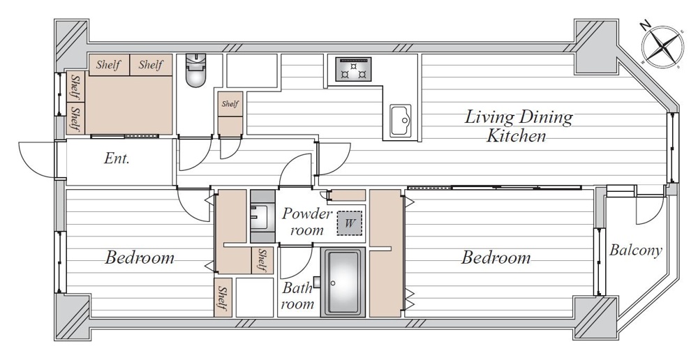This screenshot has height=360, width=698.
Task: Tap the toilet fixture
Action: coord(195,72)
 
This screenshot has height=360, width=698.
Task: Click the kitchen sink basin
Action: coord(401,120)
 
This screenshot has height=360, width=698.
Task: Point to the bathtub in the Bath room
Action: coord(342,283)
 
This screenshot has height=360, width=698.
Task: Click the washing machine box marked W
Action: coord(350,223)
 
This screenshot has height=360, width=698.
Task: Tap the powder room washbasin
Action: coord(260,216)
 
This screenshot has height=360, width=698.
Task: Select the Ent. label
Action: coord(117,159)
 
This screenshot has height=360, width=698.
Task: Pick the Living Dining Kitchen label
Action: coord(518,126)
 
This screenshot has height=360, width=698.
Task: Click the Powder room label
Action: coord(307,222)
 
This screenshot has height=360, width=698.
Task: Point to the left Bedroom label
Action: coord(140,258)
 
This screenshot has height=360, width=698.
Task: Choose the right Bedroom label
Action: coord(496,258)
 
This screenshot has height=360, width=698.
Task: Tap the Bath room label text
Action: coord(298,295)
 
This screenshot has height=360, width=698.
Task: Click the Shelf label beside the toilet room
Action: coord(230,104)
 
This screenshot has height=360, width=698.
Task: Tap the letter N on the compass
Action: coord(646,27)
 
